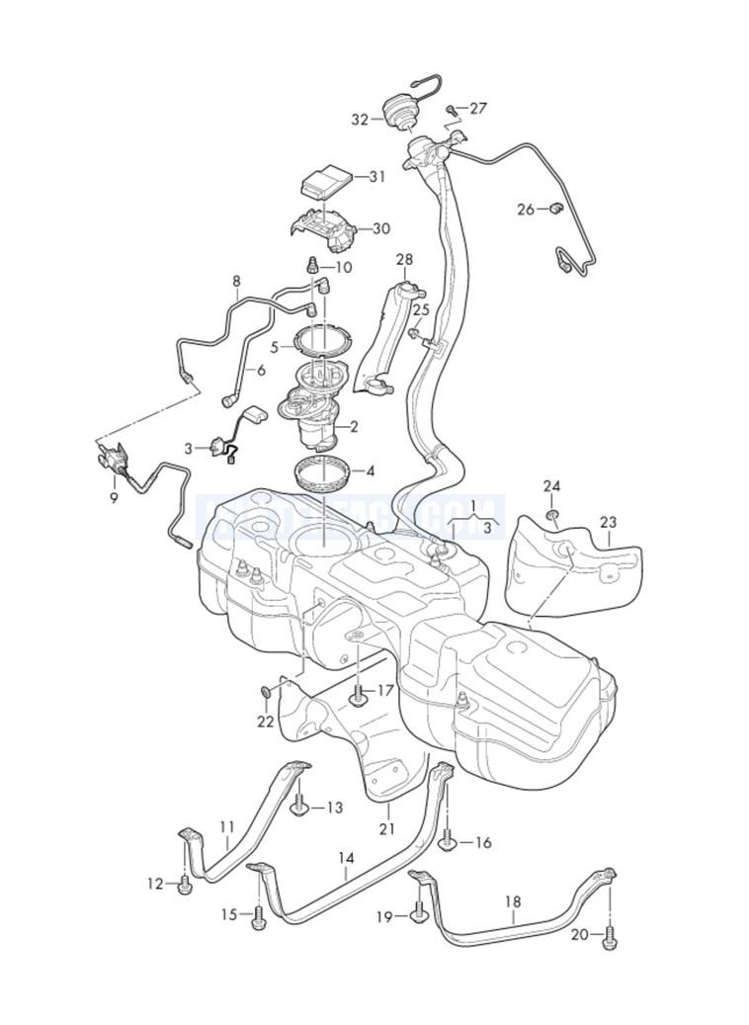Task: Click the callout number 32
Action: click(359, 120)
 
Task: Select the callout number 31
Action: click(376, 177)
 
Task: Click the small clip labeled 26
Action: click(556, 208)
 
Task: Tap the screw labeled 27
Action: click(450, 108)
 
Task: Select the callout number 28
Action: click(404, 260)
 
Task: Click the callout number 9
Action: click(114, 497)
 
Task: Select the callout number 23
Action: click(608, 523)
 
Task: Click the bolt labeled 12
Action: click(185, 885)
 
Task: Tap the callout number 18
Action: click(513, 901)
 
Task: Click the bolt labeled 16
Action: click(448, 841)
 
